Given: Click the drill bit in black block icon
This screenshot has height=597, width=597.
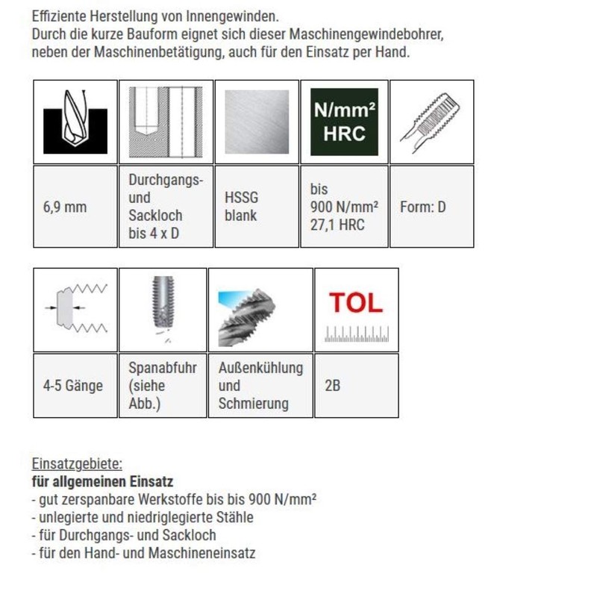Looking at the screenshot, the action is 75,122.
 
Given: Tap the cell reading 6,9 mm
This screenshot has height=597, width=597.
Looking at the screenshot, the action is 75,207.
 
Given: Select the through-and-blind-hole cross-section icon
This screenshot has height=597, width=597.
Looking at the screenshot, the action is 166,122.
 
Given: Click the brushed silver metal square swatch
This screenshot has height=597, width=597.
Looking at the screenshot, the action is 257,122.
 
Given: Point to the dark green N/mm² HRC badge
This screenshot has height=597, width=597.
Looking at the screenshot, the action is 344,122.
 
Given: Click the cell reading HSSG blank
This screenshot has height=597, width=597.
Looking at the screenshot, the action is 257,207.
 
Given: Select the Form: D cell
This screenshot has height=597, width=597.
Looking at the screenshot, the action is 432,207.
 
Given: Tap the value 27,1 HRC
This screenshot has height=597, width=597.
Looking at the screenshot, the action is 337,225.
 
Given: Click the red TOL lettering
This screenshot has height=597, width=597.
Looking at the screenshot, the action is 356,303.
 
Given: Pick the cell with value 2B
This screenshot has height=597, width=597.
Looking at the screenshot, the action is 357,386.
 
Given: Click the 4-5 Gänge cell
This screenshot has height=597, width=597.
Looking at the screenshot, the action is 75,386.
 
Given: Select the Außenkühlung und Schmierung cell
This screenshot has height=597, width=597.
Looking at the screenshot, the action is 260,386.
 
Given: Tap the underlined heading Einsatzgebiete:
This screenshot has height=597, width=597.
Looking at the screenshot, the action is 77,463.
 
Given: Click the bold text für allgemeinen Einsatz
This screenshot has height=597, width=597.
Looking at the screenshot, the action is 102,481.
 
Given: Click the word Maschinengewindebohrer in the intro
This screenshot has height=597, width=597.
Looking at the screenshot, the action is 366,34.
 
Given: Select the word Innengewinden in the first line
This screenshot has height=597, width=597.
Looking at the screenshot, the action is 232,16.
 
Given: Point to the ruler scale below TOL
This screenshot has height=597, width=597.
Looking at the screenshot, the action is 357,334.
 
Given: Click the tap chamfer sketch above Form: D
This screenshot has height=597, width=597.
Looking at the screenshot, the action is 431,122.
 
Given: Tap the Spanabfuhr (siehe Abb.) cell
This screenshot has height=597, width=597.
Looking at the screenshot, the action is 163,386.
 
